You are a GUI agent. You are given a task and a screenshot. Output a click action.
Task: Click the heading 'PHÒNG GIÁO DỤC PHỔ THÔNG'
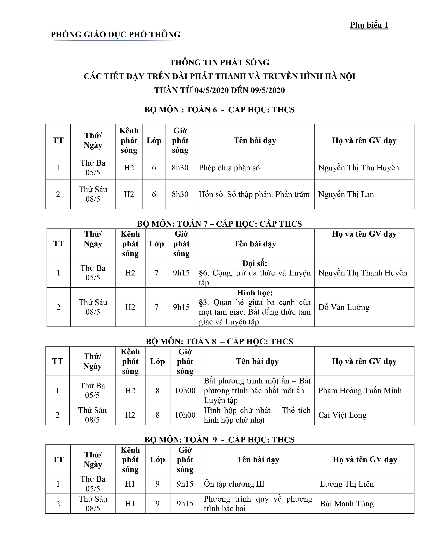[115, 34]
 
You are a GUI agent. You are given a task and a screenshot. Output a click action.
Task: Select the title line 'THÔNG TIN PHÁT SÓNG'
[219, 62]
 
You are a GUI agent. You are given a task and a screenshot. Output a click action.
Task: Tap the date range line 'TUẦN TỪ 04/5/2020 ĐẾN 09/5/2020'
[219, 90]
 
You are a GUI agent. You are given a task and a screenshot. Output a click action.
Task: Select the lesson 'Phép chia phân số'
[229, 168]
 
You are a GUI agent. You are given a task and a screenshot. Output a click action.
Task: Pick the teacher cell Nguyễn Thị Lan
[346, 194]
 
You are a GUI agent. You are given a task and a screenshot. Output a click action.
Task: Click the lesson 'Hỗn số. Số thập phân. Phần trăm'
[254, 194]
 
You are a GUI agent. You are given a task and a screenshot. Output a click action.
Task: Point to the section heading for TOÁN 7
[219, 224]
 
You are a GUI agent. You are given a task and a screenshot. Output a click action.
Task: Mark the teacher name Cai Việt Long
[342, 415]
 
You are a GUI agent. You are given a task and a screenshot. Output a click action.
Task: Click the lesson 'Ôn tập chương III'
[234, 484]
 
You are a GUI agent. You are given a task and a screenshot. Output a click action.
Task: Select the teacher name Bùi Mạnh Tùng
[347, 504]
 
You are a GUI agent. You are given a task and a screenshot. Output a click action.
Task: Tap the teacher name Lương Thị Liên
[347, 484]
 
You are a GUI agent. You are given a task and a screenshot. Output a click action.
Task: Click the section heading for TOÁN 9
[219, 440]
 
